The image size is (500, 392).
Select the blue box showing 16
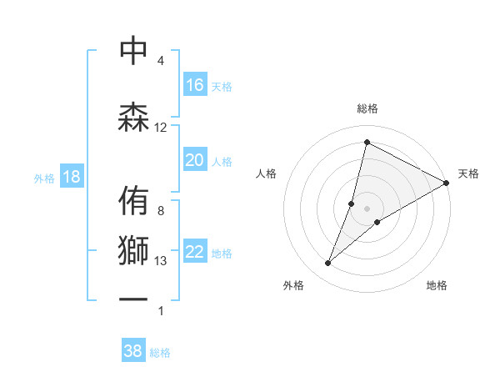point(195,85)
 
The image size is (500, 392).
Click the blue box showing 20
point(195,160)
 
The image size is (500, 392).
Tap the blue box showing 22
point(195,252)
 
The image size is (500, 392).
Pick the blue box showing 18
point(71,177)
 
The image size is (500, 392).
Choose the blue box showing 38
point(133,351)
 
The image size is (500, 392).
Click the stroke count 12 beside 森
point(161,128)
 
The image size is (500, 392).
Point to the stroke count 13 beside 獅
point(161,261)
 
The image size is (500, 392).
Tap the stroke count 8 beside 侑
point(161,211)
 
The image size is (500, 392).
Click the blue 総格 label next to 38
point(160,353)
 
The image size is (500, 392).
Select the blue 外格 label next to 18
point(43,178)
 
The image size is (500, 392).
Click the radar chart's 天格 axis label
point(468,173)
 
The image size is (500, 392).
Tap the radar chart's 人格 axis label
point(267,173)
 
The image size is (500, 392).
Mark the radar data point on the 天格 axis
point(447,183)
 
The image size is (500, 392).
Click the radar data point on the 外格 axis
point(327,264)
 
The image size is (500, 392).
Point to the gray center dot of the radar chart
point(367,208)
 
